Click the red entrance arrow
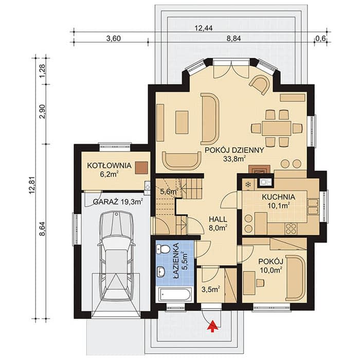click(212, 326)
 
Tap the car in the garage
click(116, 256)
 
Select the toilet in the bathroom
click(163, 249)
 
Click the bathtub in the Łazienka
click(175, 294)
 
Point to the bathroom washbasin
click(161, 272)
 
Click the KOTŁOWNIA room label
click(109, 166)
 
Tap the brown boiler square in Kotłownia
click(141, 168)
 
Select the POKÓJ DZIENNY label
click(234, 150)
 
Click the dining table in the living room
click(277, 128)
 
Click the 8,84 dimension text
click(233, 39)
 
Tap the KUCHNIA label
click(279, 197)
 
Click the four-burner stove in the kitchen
click(291, 228)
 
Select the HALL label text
click(218, 219)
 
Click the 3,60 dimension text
click(114, 39)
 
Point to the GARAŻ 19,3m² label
click(118, 202)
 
